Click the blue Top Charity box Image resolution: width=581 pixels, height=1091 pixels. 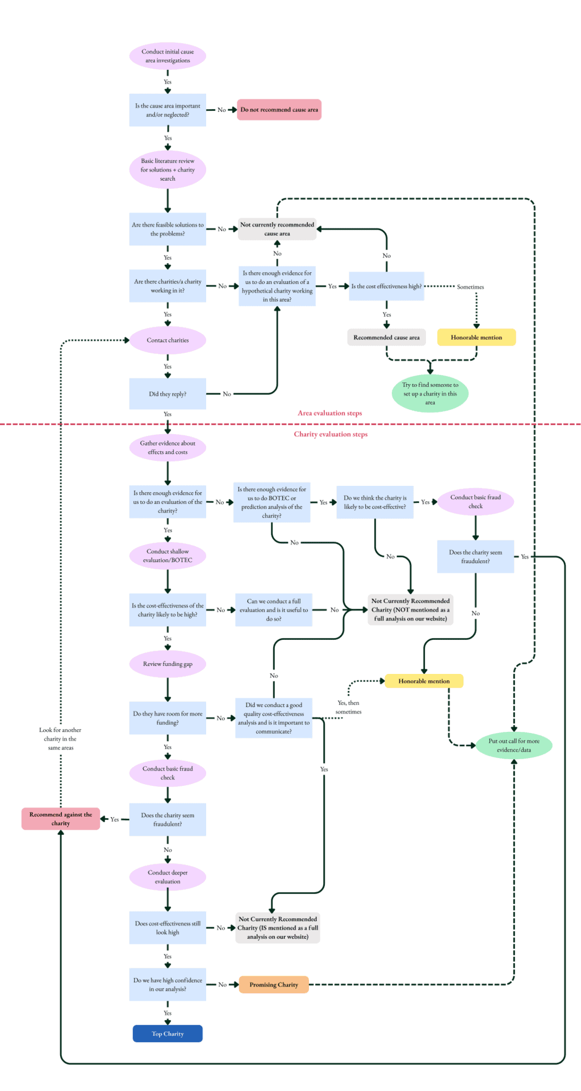click(x=168, y=1033)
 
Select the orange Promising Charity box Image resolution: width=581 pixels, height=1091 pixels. click(x=274, y=984)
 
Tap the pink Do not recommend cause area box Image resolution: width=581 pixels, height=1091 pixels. click(x=279, y=110)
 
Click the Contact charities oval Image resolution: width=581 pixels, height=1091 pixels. click(x=168, y=340)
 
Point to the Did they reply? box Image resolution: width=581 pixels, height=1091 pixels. click(x=168, y=394)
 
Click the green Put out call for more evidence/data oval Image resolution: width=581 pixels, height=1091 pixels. click(x=514, y=745)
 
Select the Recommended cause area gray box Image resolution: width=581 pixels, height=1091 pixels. click(x=386, y=338)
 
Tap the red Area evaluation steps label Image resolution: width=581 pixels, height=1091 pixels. click(x=329, y=413)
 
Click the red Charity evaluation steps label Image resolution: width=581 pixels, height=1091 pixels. click(x=331, y=434)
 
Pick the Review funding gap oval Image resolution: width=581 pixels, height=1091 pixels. click(x=168, y=664)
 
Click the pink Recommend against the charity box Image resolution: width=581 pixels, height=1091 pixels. click(x=61, y=819)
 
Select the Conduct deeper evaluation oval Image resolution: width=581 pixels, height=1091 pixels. click(x=168, y=877)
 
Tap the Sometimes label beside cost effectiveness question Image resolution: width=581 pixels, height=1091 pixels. click(x=470, y=287)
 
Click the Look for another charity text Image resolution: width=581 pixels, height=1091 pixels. click(x=60, y=739)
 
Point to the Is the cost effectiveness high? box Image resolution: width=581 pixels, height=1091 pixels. click(x=386, y=286)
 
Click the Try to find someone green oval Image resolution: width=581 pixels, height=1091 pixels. click(x=430, y=393)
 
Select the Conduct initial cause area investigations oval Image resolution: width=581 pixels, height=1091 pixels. click(x=168, y=56)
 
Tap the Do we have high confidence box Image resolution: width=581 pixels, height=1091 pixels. click(x=168, y=984)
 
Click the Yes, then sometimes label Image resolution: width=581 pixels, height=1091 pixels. click(x=348, y=707)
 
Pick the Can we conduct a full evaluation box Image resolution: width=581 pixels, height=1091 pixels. click(x=274, y=610)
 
